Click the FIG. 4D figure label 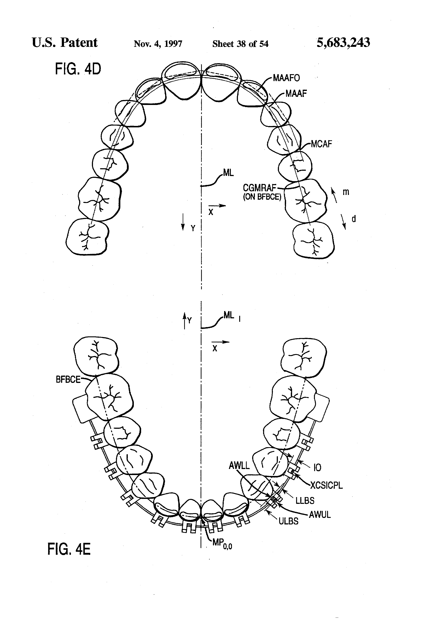78,69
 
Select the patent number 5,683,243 343,42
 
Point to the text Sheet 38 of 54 240,44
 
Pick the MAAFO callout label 286,78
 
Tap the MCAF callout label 321,144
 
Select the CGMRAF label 259,188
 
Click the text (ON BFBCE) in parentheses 262,197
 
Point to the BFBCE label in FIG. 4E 68,379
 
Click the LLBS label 305,501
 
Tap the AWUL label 320,515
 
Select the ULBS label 288,521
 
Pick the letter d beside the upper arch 354,219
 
